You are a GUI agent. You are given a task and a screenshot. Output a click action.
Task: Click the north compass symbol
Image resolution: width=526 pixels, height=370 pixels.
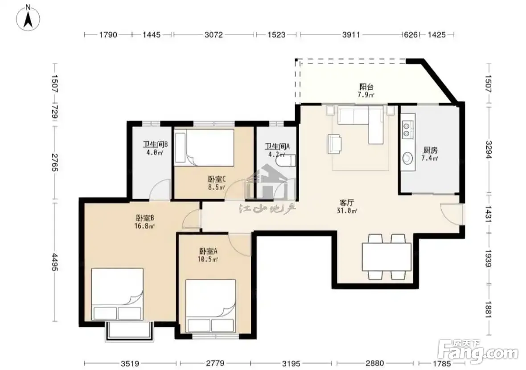[28, 18]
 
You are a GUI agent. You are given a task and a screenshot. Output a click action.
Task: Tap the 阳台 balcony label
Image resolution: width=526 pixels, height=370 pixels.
[366, 87]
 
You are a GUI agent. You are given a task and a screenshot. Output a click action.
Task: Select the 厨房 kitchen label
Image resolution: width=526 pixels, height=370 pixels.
[430, 150]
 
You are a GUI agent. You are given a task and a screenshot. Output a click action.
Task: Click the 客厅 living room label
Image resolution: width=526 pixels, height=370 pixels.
[346, 203]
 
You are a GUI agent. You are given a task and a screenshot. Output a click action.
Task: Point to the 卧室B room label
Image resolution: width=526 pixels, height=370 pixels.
[145, 218]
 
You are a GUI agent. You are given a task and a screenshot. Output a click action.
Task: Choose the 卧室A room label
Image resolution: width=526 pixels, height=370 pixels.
[208, 251]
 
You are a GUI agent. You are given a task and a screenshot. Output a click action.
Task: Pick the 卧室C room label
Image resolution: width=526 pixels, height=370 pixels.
[217, 179]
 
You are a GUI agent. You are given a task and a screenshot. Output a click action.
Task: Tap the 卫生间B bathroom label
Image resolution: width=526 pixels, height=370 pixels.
[155, 145]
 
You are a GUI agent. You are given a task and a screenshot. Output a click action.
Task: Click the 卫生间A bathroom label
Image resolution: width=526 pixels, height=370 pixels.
[277, 146]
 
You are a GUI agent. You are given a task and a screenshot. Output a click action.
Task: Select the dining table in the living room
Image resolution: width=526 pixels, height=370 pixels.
[386, 257]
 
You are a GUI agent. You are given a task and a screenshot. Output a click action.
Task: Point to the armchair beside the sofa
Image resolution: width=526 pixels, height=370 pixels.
[334, 144]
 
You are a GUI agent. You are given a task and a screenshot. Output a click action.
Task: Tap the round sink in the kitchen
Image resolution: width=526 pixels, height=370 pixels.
[408, 158]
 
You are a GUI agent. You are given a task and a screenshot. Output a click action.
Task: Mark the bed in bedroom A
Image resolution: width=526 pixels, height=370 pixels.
[210, 306]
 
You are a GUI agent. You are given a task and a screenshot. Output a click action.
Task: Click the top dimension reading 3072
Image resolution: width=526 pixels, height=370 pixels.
[214, 34]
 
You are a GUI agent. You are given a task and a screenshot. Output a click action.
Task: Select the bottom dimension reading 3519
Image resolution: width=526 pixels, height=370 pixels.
[130, 364]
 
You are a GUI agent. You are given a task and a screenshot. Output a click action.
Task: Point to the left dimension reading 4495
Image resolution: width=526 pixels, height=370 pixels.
[55, 262]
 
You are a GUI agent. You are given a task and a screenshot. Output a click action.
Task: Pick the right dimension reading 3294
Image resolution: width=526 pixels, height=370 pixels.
[489, 150]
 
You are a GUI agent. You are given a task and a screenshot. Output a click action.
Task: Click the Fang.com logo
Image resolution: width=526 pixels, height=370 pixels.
[478, 352]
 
